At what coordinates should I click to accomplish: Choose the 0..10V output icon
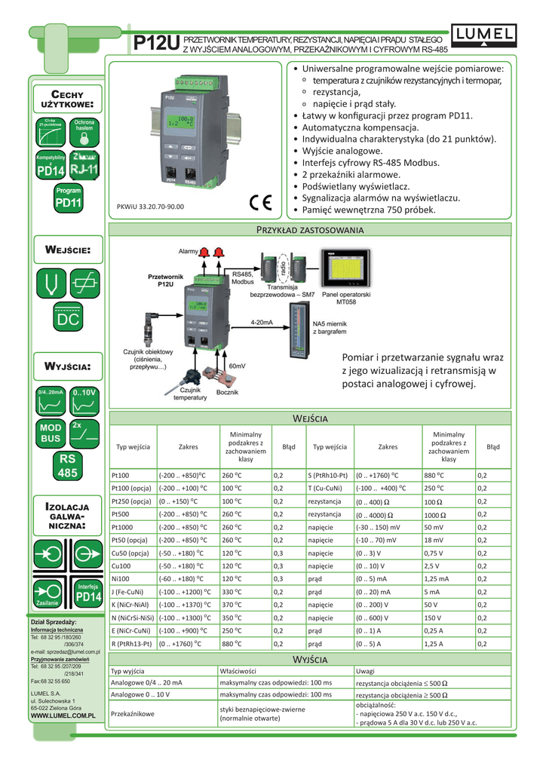click(x=84, y=404)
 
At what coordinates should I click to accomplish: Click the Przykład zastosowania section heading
click(x=310, y=229)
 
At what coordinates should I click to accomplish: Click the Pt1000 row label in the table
click(x=121, y=527)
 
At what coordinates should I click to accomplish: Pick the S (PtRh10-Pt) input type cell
click(x=328, y=475)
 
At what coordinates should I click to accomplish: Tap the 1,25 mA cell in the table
click(x=437, y=578)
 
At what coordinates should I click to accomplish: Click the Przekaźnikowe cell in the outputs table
click(x=133, y=712)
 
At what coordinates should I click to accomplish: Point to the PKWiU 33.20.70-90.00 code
click(x=150, y=205)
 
